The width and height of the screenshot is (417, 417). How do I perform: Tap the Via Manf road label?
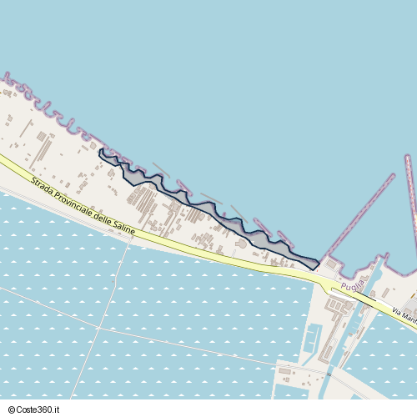403,315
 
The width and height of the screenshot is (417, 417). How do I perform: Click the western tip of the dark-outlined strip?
100,151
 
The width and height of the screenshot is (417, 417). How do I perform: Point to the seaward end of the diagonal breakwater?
392,176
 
